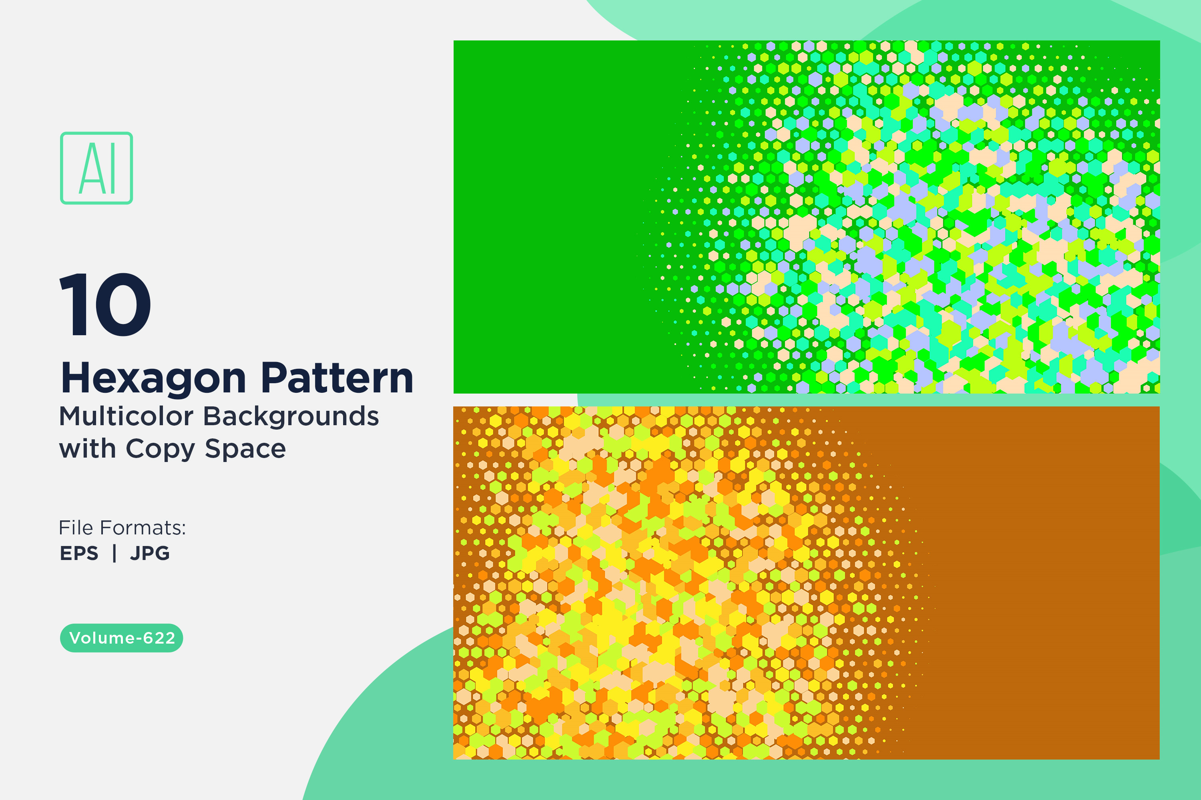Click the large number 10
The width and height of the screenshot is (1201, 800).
pyautogui.click(x=105, y=304)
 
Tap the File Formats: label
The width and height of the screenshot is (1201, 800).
pyautogui.click(x=123, y=528)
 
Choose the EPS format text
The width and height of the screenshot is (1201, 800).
pyautogui.click(x=79, y=553)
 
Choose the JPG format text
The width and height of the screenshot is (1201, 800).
pyautogui.click(x=150, y=553)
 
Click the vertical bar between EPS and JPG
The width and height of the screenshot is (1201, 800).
pyautogui.click(x=114, y=553)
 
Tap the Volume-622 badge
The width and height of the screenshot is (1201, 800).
pyautogui.click(x=122, y=638)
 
